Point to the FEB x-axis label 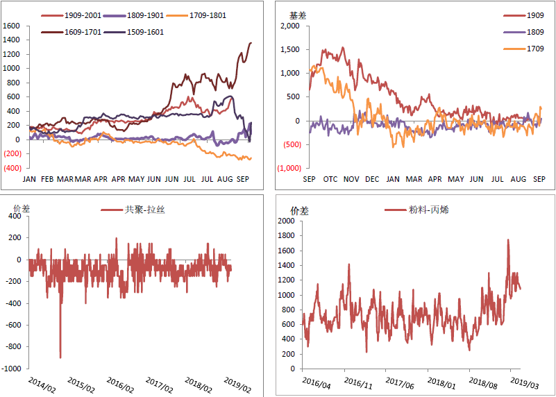coord(47,179)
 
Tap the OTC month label coord(330,180)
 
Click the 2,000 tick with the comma coord(288,26)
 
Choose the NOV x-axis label coord(351,180)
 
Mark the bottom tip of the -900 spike coord(60,357)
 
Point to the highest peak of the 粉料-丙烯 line coord(508,240)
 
